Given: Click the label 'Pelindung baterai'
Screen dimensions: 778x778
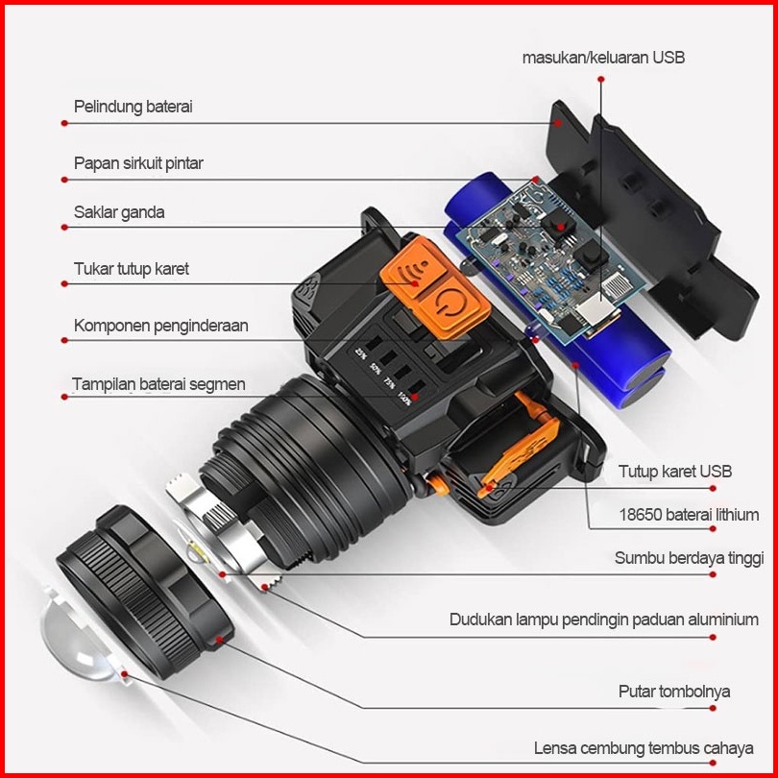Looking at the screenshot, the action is pyautogui.click(x=133, y=107).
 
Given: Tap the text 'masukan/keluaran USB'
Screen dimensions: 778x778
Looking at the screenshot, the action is pyautogui.click(x=603, y=58).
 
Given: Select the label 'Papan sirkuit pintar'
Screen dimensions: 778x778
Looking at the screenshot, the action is pyautogui.click(x=138, y=163).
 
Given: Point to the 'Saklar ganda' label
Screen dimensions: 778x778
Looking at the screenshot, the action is pyautogui.click(x=119, y=212).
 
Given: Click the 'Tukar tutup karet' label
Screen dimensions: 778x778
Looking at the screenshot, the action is pyautogui.click(x=132, y=269).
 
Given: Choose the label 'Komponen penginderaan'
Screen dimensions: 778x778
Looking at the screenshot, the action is pyautogui.click(x=160, y=326).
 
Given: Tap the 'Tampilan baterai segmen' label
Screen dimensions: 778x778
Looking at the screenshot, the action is pyautogui.click(x=158, y=384).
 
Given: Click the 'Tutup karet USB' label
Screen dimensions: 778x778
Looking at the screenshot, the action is pyautogui.click(x=675, y=472).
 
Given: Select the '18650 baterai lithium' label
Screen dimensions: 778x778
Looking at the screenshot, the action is pyautogui.click(x=689, y=515).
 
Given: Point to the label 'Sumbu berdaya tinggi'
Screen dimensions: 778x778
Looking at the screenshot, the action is pyautogui.click(x=690, y=558).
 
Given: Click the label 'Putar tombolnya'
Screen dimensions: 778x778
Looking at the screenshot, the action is pyautogui.click(x=674, y=692).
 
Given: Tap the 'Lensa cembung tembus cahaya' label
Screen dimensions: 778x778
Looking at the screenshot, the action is pyautogui.click(x=644, y=748).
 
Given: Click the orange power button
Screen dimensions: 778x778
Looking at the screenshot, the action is pyautogui.click(x=450, y=306).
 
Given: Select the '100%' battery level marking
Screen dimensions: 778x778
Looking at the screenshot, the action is pyautogui.click(x=405, y=399).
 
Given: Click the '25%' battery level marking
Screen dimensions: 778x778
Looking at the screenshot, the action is pyautogui.click(x=361, y=353).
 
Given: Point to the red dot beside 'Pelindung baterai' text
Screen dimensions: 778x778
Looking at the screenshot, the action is pyautogui.click(x=64, y=123).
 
